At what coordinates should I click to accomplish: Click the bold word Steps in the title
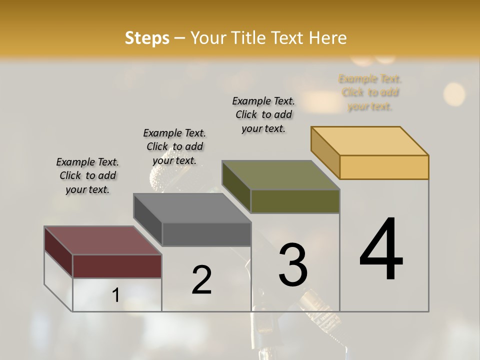click(x=146, y=38)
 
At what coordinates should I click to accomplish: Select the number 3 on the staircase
click(x=293, y=265)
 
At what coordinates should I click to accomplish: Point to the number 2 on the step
click(x=201, y=280)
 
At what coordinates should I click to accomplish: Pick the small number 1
click(x=115, y=295)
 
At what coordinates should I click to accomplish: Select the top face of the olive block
click(x=280, y=175)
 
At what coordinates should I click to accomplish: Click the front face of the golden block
click(x=384, y=167)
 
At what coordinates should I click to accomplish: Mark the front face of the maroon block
click(x=117, y=266)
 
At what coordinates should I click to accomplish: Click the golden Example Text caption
click(x=370, y=92)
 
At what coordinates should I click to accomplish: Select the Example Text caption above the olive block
click(x=263, y=114)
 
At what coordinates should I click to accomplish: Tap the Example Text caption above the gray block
click(x=174, y=146)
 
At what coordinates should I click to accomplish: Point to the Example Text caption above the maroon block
click(x=87, y=175)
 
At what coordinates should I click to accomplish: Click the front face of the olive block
click(x=295, y=201)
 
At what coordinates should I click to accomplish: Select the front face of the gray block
click(x=206, y=234)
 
